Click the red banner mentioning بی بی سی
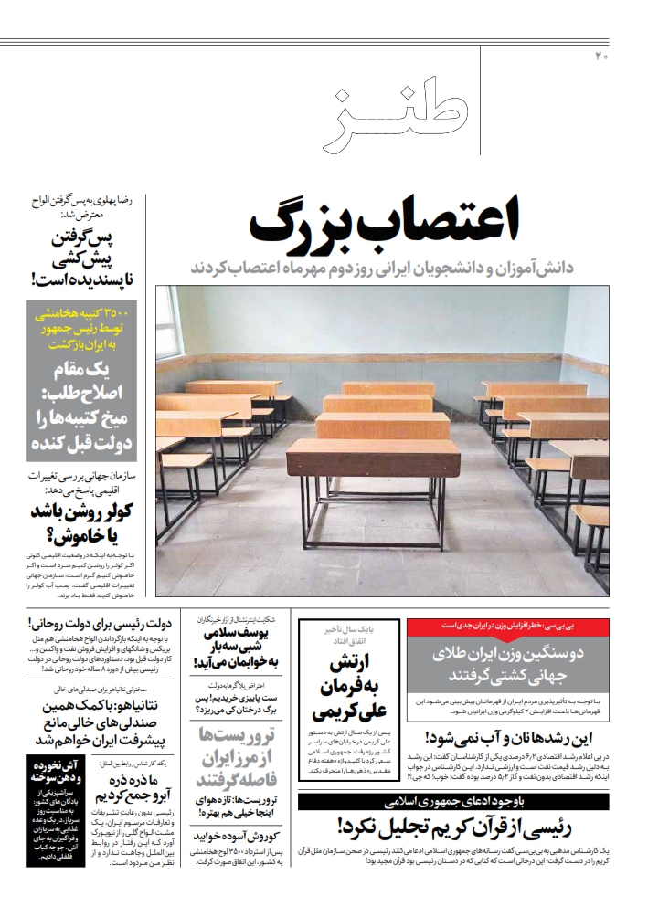tap(507, 626)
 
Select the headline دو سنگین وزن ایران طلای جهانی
tap(507, 665)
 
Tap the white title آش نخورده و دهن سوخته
tap(54, 771)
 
